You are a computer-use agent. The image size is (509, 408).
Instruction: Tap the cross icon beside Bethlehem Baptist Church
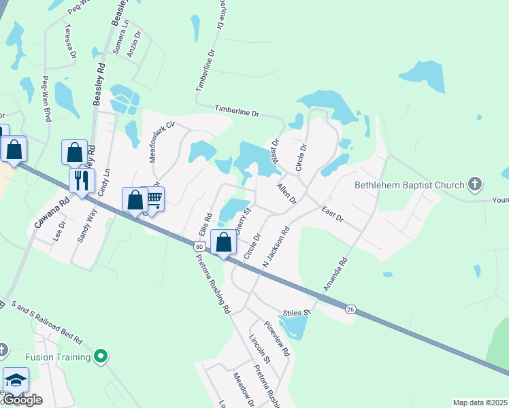click(476, 185)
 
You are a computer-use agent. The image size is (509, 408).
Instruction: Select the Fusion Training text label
click(58, 357)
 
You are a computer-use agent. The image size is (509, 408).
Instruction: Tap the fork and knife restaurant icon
click(80, 181)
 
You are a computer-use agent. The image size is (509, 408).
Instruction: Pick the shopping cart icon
click(154, 199)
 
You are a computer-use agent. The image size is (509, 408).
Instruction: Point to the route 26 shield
click(350, 309)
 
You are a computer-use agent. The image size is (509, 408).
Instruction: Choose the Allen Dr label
click(286, 193)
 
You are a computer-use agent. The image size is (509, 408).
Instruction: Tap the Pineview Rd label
click(278, 339)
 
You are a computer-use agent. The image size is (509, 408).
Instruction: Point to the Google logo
click(22, 400)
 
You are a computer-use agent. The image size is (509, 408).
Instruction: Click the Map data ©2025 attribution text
click(480, 403)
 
